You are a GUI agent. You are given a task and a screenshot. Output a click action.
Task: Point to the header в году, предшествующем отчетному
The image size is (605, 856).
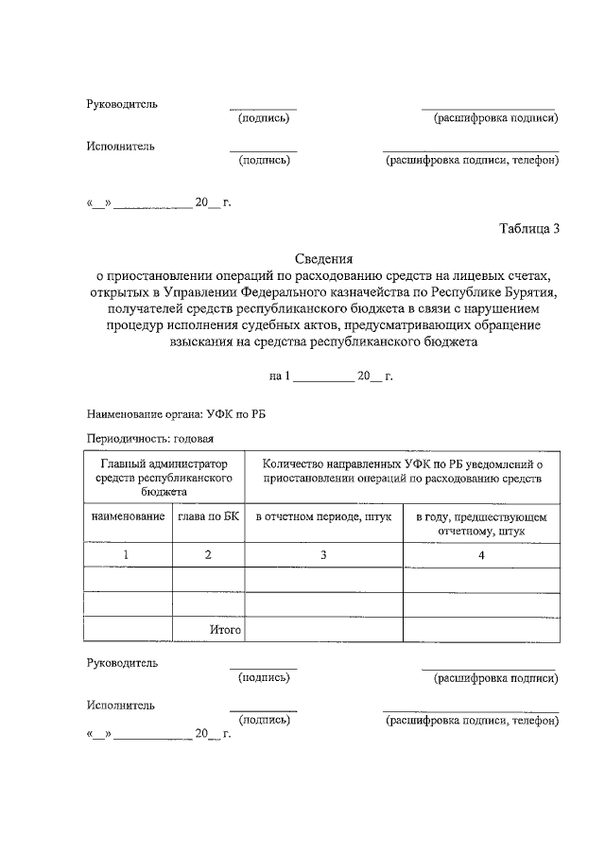(480, 524)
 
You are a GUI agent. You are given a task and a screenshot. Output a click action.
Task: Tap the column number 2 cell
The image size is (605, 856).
(208, 555)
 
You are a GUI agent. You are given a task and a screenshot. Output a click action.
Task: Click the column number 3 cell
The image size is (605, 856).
(322, 555)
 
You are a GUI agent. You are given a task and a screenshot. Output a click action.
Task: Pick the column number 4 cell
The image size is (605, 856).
(480, 555)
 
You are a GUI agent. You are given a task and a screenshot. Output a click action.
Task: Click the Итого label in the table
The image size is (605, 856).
(225, 629)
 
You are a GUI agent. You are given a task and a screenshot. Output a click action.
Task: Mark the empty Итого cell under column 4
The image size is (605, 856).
(480, 629)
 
